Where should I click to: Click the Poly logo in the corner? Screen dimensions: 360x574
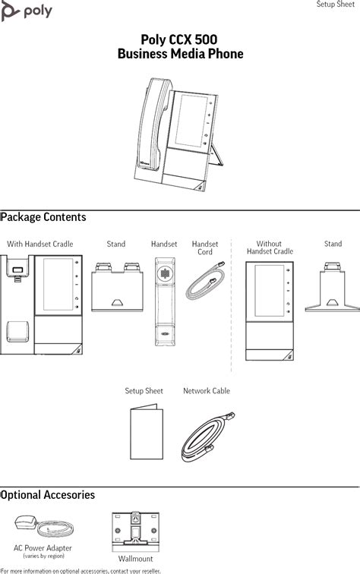pyautogui.click(x=27, y=11)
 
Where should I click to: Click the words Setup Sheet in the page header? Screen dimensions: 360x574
pyautogui.click(x=336, y=4)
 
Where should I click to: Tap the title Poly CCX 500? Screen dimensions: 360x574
pyautogui.click(x=179, y=39)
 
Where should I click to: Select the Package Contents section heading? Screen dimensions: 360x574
pyautogui.click(x=43, y=217)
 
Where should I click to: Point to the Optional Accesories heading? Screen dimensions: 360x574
pyautogui.click(x=48, y=495)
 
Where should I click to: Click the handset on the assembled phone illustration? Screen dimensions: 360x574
pyautogui.click(x=154, y=125)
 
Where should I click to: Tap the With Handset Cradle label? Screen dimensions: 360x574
pyautogui.click(x=40, y=244)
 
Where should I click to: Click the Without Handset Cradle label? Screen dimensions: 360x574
pyautogui.click(x=270, y=248)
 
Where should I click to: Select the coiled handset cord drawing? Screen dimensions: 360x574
pyautogui.click(x=205, y=281)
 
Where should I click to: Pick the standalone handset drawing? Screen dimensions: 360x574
pyautogui.click(x=165, y=301)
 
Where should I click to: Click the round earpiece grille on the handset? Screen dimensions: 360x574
pyautogui.click(x=165, y=273)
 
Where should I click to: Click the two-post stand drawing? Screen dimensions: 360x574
pyautogui.click(x=117, y=287)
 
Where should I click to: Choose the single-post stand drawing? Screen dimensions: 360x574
pyautogui.click(x=332, y=287)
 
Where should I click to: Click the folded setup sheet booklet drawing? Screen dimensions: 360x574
pyautogui.click(x=147, y=432)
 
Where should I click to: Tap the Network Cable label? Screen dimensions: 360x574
pyautogui.click(x=207, y=391)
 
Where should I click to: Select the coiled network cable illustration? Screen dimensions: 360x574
pyautogui.click(x=207, y=437)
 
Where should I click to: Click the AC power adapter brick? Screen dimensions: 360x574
pyautogui.click(x=25, y=522)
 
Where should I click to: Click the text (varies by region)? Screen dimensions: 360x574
pyautogui.click(x=43, y=556)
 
